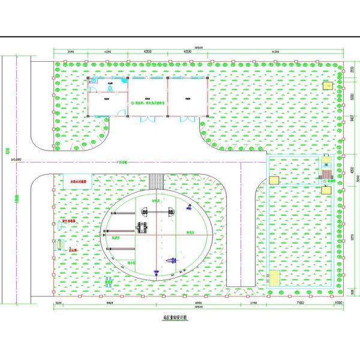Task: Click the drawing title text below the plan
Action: click(175, 318)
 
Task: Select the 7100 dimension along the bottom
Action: click(298, 305)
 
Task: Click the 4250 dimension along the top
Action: click(109, 52)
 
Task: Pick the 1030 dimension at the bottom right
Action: click(338, 305)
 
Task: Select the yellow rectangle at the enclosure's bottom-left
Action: click(274, 279)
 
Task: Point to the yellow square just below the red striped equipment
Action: click(326, 189)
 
